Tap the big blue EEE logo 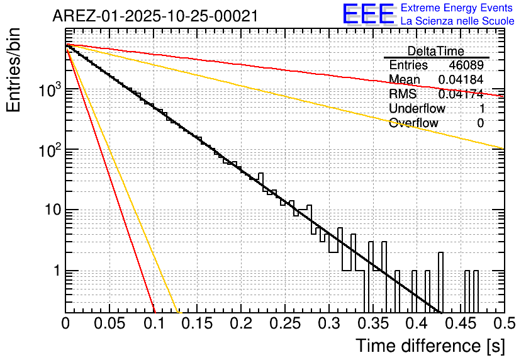(x=368, y=14)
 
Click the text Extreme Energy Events (x=457, y=8)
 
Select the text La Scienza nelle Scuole (x=457, y=21)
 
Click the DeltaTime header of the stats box (x=436, y=51)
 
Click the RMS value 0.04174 (x=461, y=94)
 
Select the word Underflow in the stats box (x=417, y=109)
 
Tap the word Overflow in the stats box (x=413, y=123)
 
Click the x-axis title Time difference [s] (x=430, y=346)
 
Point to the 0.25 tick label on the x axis (x=285, y=323)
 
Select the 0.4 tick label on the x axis (x=417, y=323)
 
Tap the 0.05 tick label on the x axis (x=109, y=323)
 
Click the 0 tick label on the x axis (x=65, y=323)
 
